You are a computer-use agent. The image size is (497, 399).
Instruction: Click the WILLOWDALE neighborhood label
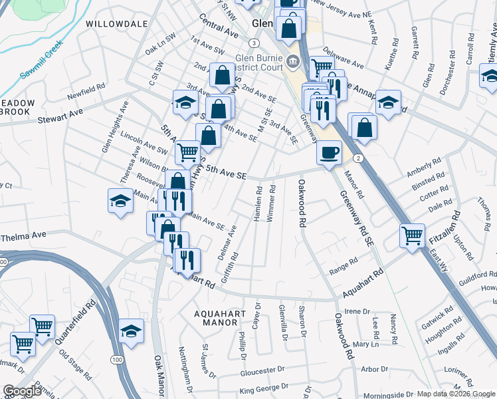point(116,23)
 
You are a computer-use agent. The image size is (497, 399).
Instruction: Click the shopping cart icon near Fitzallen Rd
point(412,235)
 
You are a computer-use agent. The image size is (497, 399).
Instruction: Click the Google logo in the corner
point(23,391)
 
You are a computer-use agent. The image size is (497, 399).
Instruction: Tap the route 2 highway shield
point(358,158)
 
